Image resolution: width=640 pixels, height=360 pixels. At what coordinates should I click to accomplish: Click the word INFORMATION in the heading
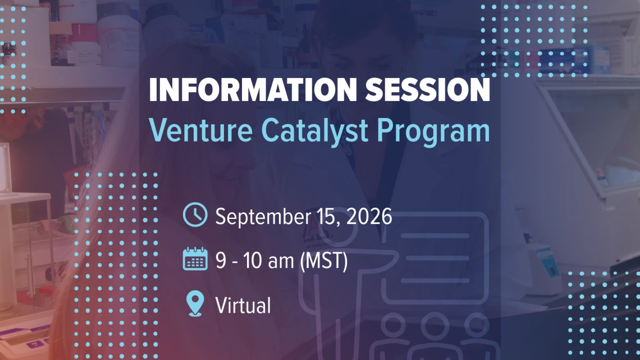point(253,90)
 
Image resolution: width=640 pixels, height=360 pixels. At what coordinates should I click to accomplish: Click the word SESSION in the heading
point(427,90)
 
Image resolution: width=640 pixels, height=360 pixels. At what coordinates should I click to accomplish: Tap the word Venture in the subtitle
point(201,130)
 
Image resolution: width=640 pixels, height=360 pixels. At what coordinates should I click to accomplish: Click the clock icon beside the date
point(195,215)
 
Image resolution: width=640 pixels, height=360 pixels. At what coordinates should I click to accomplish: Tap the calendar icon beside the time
point(195,259)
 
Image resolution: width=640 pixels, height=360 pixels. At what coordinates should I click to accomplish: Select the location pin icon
point(195,303)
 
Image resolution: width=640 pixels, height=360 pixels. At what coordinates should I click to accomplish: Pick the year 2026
point(369,216)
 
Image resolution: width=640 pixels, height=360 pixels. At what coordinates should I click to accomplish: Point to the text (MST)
point(324,261)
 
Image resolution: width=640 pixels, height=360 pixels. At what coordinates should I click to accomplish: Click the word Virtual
point(243,305)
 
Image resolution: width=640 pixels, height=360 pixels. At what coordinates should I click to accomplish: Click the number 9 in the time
point(221,261)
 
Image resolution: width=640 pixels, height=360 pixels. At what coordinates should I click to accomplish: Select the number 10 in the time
point(253,261)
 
